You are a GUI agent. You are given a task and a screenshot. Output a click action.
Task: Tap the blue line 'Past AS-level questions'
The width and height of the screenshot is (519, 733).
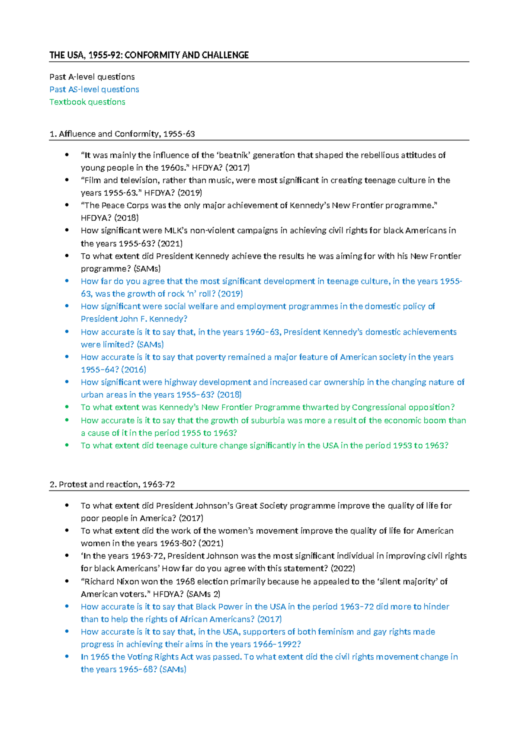[94, 89]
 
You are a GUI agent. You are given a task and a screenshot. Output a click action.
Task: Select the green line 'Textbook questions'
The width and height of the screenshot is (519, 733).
[87, 102]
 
